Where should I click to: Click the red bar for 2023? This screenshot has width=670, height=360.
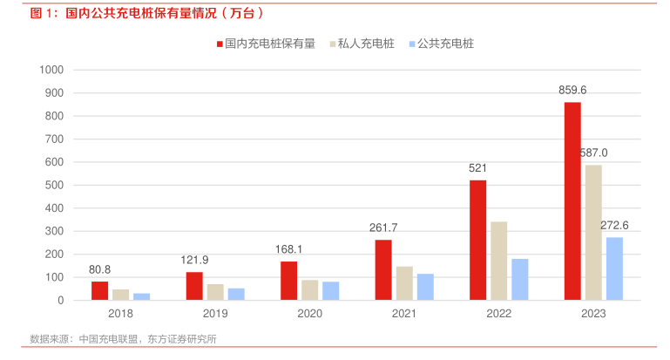tap(572, 201)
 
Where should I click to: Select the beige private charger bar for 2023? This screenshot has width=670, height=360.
tap(593, 233)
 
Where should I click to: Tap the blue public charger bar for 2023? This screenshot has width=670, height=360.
tap(614, 268)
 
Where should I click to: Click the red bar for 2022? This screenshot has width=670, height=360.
tap(477, 240)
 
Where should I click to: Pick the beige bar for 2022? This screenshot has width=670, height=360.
tap(498, 261)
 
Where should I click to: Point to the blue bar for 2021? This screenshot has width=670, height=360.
tap(425, 287)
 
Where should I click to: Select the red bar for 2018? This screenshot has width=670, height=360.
tap(99, 290)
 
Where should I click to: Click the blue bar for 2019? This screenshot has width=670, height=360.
tap(236, 294)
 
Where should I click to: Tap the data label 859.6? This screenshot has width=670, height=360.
tap(572, 90)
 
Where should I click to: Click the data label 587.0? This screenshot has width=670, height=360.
tap(593, 153)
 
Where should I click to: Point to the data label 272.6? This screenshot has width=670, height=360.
tap(614, 225)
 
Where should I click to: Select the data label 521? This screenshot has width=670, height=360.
tap(477, 167)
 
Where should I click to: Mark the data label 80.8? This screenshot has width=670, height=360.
tap(99, 269)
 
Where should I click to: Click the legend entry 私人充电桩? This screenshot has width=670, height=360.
tap(361, 43)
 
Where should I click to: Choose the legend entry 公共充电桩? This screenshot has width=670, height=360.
tap(445, 43)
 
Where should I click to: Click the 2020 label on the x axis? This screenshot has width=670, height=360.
tap(309, 314)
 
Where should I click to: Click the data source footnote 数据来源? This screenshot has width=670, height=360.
tap(123, 339)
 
